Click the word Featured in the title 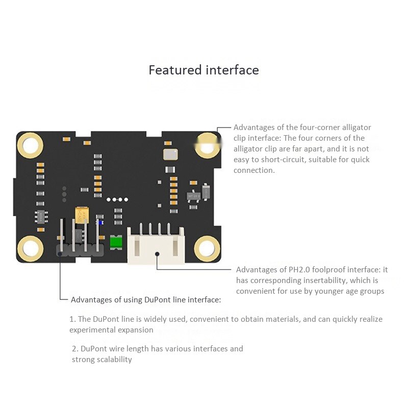click(x=175, y=70)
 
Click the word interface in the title click(x=233, y=70)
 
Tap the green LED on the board click(x=116, y=242)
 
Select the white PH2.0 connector click(x=156, y=245)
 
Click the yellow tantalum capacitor click(x=82, y=215)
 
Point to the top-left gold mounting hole click(x=30, y=145)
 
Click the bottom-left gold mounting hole click(x=30, y=248)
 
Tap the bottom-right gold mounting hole click(x=208, y=248)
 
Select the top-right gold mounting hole click(x=208, y=146)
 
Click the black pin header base click(x=80, y=250)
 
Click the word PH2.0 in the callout click(x=299, y=270)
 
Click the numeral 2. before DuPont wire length click(x=75, y=349)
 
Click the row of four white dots click(x=117, y=199)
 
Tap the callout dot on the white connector click(x=157, y=253)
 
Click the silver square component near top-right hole click(x=170, y=155)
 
